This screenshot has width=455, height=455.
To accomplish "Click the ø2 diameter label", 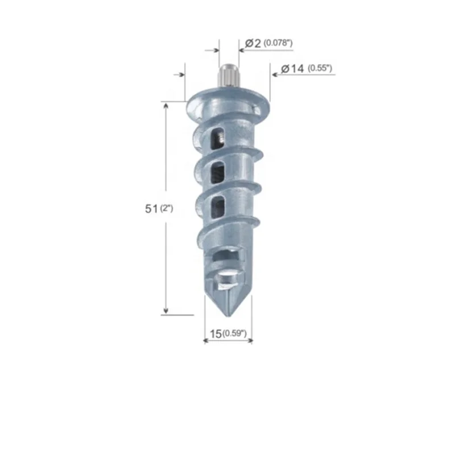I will (253, 43).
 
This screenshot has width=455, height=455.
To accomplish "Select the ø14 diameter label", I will (292, 69).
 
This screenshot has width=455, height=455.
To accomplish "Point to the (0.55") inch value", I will (320, 69).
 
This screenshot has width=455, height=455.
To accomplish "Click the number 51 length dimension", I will (151, 209).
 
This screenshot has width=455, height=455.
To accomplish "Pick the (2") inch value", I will (166, 209).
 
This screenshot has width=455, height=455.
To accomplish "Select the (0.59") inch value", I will (234, 334).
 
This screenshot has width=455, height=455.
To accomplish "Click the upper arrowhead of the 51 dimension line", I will (166, 106).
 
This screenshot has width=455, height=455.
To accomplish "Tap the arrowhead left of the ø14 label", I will (273, 75).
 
